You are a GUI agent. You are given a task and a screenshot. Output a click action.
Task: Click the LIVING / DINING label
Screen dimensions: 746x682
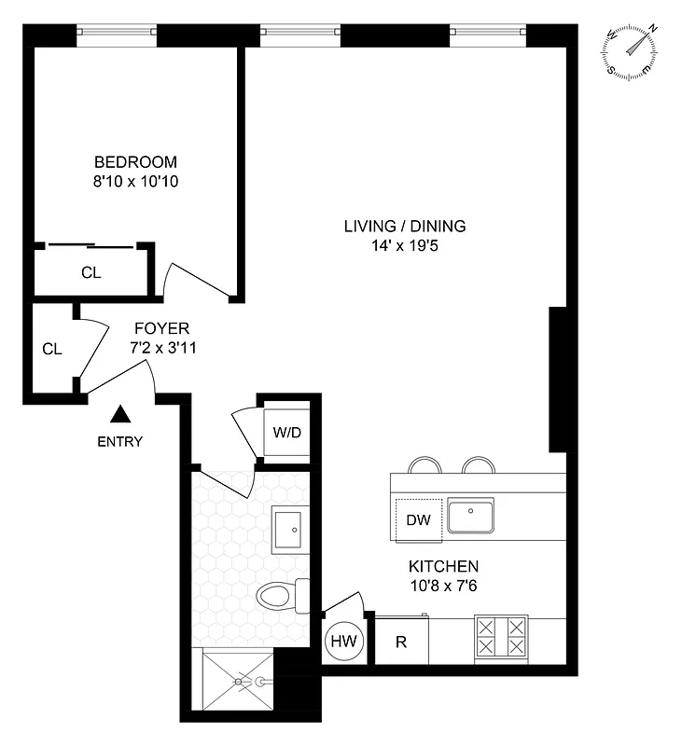coord(405,227)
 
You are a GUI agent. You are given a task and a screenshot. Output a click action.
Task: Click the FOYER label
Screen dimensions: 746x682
coord(161,328)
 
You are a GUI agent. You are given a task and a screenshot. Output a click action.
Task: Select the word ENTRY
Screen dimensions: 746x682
coord(119,442)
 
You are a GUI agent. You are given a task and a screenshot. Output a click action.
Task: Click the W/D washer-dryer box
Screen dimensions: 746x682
coord(286,433)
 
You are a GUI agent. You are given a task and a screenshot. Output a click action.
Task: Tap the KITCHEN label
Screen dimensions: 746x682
coord(443,566)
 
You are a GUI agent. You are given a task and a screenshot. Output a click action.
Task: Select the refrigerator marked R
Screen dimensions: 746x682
coord(401,642)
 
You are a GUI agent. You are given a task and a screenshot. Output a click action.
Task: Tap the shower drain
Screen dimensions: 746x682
coord(239,681)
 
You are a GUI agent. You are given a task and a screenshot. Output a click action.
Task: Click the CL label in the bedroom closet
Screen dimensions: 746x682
coord(90,273)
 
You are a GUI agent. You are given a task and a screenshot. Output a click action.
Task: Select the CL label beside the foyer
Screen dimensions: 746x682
coord(51,349)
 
